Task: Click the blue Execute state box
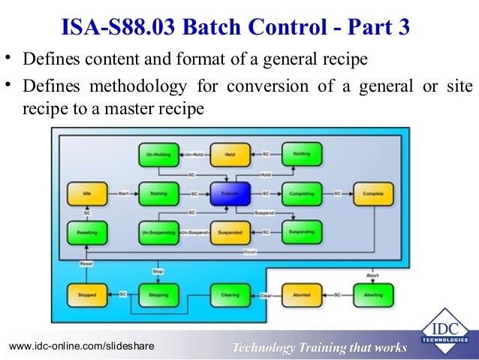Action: [230, 194]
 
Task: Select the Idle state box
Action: [87, 194]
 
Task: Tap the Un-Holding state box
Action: [158, 155]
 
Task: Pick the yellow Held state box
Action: [230, 155]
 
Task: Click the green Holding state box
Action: [302, 155]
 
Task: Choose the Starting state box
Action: [158, 194]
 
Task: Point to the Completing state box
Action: [302, 194]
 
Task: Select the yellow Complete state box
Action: [373, 194]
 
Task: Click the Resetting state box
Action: [87, 234]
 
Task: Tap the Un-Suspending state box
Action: [158, 234]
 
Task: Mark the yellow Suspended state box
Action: [230, 234]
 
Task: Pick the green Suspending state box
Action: [302, 234]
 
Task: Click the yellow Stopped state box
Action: [87, 295]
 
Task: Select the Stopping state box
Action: [158, 295]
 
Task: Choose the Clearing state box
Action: [230, 295]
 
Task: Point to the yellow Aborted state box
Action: [302, 295]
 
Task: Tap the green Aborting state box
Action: [373, 295]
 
